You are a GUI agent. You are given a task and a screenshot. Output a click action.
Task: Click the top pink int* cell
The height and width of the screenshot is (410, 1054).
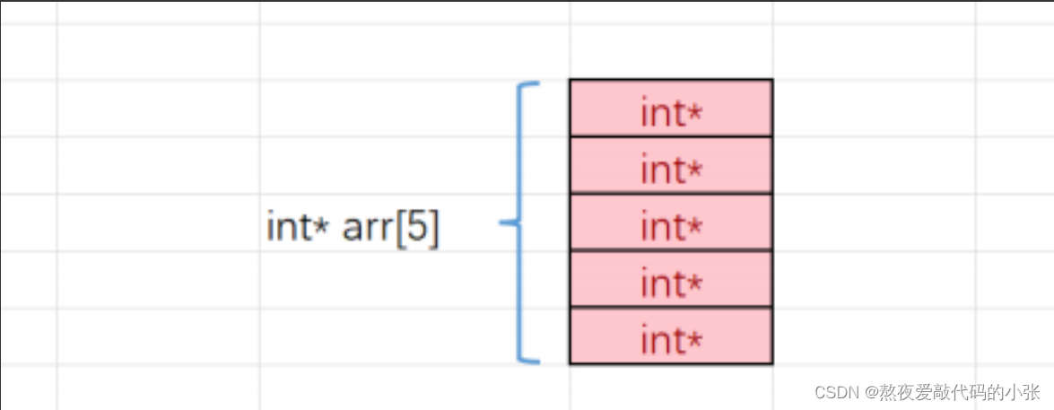(x=670, y=109)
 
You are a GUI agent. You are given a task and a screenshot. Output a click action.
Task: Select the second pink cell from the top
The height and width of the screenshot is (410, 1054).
(x=670, y=166)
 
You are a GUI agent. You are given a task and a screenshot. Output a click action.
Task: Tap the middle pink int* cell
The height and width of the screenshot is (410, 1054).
(x=670, y=222)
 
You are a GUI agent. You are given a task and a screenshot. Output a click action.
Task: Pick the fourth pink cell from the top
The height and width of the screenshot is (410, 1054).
(x=670, y=280)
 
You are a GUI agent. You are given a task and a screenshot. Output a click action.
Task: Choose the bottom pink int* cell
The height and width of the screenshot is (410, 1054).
(x=670, y=336)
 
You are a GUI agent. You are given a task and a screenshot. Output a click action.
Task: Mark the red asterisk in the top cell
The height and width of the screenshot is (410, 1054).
(x=694, y=112)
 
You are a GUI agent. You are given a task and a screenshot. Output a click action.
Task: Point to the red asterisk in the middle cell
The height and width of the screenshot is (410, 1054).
(x=694, y=226)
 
